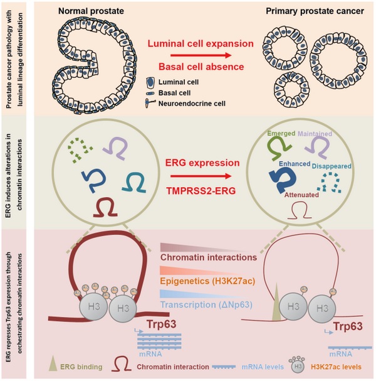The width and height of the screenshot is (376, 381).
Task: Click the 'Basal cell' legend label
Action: click(182, 94)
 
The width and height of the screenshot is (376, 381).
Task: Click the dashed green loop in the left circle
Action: click(80, 149)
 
